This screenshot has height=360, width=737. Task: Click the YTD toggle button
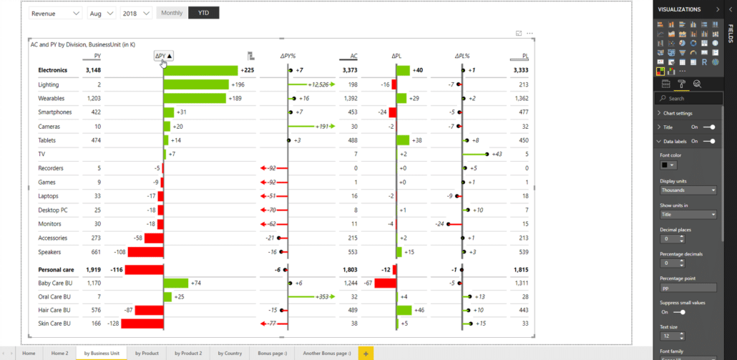204,13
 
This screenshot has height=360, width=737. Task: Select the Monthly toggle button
172,13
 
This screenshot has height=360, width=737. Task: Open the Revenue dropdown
56,14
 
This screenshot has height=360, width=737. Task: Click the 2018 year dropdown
136,14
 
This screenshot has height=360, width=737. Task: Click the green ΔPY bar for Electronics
200,70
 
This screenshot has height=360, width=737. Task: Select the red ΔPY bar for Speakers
145,252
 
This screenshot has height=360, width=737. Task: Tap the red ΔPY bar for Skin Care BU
142,323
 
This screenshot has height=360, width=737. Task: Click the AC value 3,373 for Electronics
349,70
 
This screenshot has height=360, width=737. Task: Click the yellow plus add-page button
366,354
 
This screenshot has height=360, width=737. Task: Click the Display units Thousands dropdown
688,190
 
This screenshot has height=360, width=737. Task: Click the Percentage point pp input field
688,288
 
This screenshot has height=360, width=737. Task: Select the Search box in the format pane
690,98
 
